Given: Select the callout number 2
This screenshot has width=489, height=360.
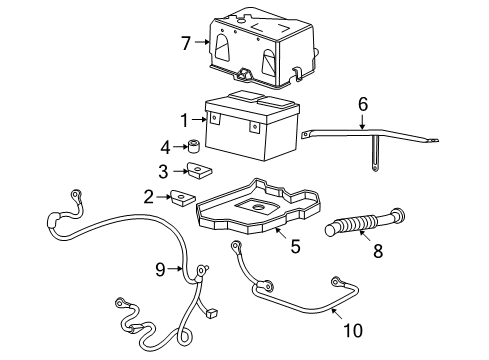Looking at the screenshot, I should pyautogui.click(x=147, y=197).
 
